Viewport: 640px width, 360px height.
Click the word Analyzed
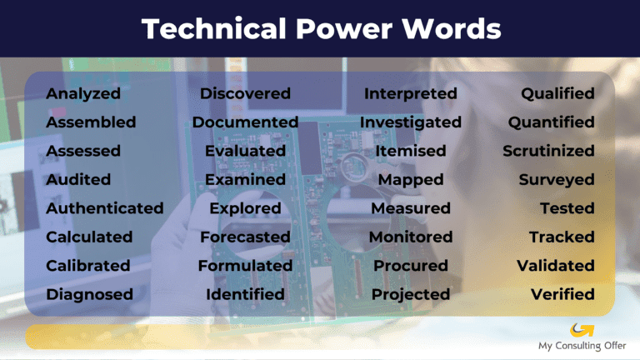coord(83,93)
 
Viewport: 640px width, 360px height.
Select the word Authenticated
coord(105,208)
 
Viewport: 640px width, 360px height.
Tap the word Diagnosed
coord(89,294)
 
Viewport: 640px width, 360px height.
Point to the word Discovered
coord(245,93)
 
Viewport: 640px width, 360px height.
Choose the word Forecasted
coord(245,237)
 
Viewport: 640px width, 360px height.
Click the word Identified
coord(245,294)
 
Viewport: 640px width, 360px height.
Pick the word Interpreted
coord(411,93)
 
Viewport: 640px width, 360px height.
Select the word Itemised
coord(411,151)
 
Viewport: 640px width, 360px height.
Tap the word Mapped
coord(411,179)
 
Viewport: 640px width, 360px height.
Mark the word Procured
coord(411,266)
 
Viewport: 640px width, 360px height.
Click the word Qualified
coord(557,93)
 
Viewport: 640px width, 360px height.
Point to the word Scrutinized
coord(548,151)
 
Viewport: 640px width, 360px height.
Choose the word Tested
coord(567,208)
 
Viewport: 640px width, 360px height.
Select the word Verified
coord(562,294)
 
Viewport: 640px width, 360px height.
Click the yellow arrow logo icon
coord(577,330)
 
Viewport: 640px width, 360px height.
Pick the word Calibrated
coord(88,266)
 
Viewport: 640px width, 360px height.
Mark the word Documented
coord(245,122)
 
